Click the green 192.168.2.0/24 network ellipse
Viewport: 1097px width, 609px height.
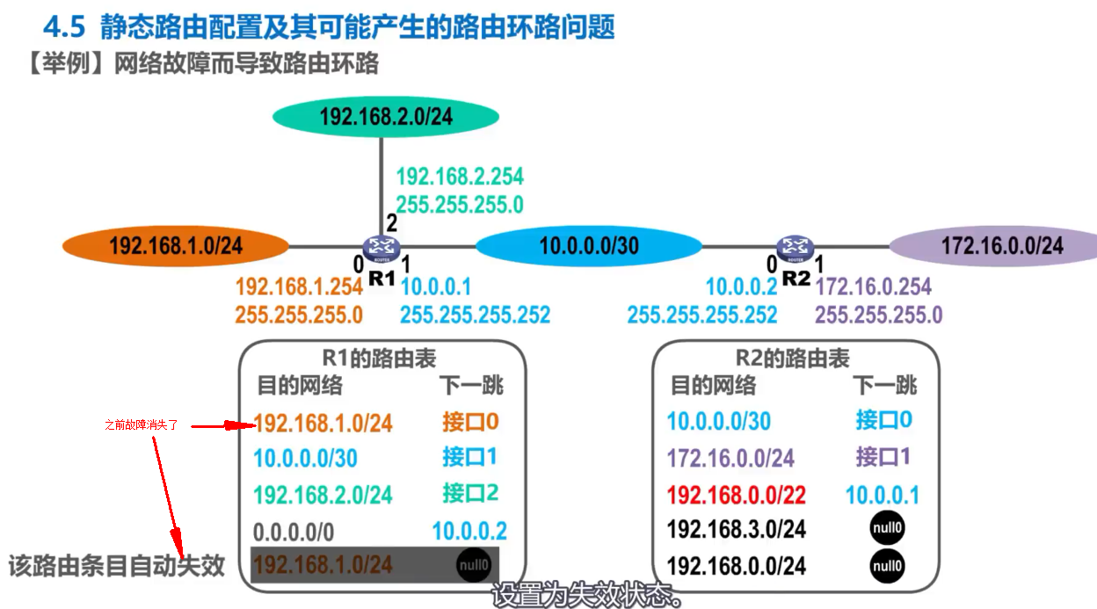[x=385, y=116]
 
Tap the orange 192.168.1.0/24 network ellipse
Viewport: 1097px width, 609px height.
[x=176, y=245]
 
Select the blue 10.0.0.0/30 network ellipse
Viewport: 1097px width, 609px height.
[x=588, y=245]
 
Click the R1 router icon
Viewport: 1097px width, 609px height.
[x=381, y=249]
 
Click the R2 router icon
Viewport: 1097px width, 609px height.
[x=796, y=249]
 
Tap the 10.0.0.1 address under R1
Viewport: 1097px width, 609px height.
[x=436, y=286]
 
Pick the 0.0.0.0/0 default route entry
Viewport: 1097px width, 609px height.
[x=293, y=532]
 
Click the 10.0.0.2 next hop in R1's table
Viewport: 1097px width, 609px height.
[x=469, y=531]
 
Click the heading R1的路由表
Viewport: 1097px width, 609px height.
[x=379, y=358]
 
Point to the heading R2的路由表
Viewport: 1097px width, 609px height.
[x=793, y=358]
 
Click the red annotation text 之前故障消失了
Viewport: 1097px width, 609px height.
[x=141, y=425]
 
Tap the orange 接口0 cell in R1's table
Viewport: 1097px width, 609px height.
[x=470, y=422]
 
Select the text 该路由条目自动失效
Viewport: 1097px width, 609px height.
[x=117, y=565]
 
